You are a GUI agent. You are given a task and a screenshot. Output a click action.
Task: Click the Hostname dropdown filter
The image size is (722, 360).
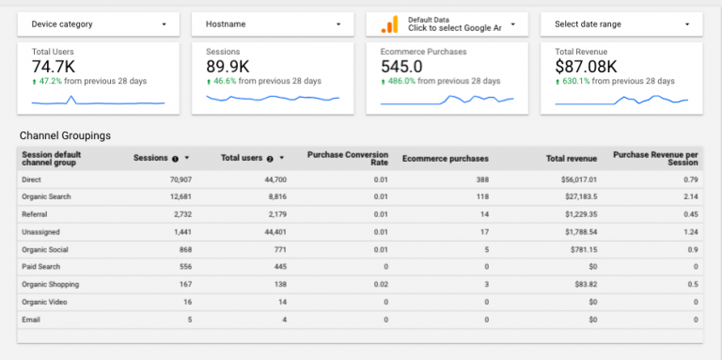(272, 23)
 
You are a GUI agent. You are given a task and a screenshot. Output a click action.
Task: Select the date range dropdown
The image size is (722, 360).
(621, 23)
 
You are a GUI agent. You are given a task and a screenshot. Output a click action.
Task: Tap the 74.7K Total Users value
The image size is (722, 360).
(54, 66)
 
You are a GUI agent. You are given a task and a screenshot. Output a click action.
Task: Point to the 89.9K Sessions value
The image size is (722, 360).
(228, 66)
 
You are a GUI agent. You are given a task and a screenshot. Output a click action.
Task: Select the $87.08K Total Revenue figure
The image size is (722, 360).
(586, 66)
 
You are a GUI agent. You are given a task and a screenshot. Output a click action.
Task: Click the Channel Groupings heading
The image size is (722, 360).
(65, 135)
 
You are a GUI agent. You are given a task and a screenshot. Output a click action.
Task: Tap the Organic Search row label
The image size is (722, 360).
(46, 196)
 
